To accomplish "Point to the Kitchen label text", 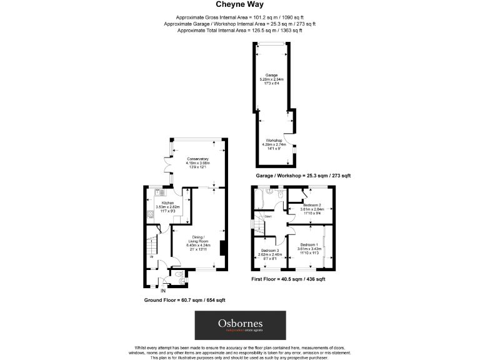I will (x=167, y=203).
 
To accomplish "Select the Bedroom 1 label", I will (x=309, y=244).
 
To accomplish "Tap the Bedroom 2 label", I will (x=312, y=205).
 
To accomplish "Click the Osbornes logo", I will (x=240, y=325).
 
